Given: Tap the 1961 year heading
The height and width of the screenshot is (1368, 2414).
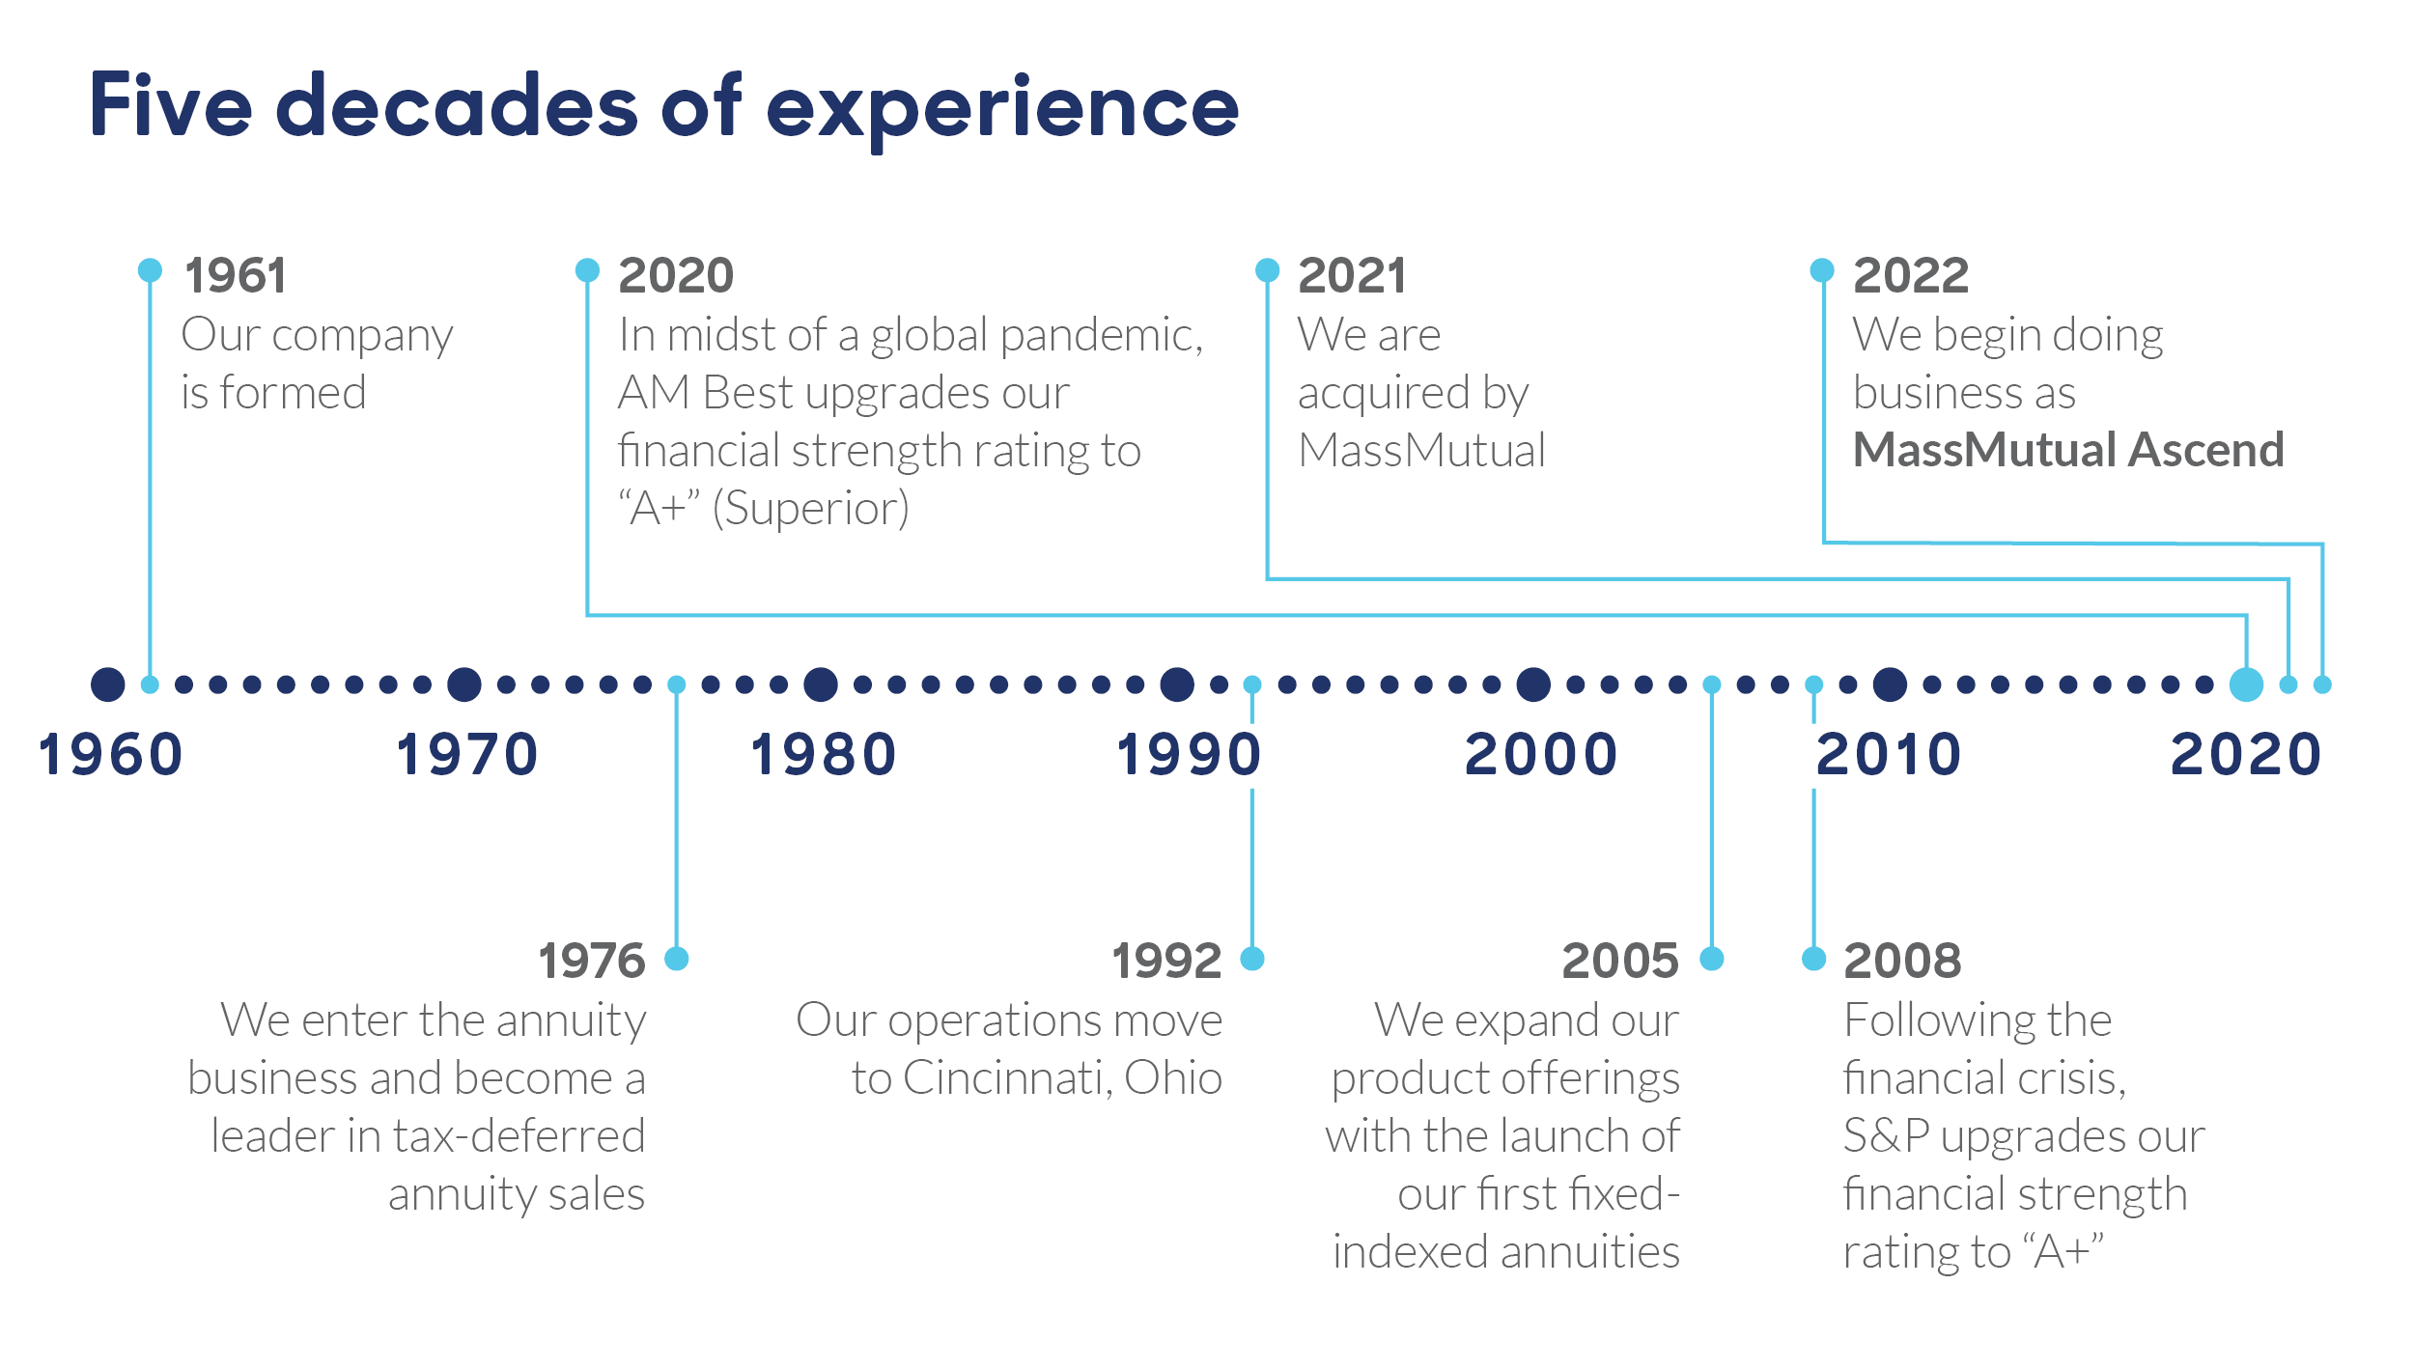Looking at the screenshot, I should (236, 276).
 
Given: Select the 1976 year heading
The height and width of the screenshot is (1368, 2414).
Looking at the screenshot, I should (592, 962).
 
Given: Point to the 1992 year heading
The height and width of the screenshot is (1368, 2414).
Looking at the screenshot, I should (1166, 962).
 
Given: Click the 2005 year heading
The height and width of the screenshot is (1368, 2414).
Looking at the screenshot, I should (1620, 962).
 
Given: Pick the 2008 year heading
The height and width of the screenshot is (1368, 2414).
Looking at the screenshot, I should (1902, 962).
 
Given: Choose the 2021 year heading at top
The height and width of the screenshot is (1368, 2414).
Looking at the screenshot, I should (1352, 276).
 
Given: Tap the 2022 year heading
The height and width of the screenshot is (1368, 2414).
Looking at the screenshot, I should (1911, 276).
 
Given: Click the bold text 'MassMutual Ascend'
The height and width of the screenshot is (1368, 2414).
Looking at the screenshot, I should (2068, 450).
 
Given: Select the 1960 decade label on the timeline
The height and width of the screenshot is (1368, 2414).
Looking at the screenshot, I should (110, 755).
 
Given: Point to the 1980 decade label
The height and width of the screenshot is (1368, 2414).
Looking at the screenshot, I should (824, 755).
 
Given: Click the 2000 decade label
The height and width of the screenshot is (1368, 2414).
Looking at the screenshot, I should (1541, 755).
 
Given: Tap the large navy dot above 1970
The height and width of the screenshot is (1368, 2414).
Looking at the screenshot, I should (464, 684).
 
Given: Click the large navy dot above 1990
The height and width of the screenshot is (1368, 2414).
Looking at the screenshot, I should (1177, 684).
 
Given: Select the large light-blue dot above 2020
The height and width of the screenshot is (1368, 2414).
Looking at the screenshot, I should (2247, 684).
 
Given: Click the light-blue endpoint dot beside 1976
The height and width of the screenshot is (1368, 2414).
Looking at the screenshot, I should (677, 959).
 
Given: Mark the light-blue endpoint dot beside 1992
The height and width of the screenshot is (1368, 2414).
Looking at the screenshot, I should (1252, 959).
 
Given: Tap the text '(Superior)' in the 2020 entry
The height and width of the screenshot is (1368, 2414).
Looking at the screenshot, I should (811, 509).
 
